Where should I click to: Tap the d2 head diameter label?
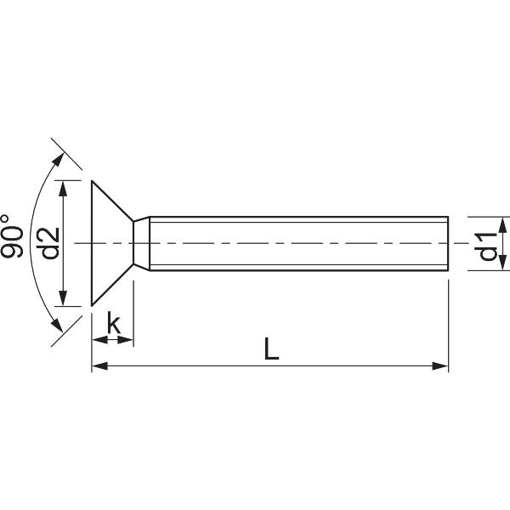point(48,243)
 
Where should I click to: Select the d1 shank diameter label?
point(487,244)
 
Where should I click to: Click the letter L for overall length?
point(270,348)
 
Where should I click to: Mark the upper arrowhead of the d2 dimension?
point(63,186)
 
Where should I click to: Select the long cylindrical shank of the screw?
point(297,244)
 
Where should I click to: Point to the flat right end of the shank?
point(448,244)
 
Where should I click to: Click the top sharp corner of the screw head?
point(92,181)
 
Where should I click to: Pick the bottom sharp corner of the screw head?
point(92,305)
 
